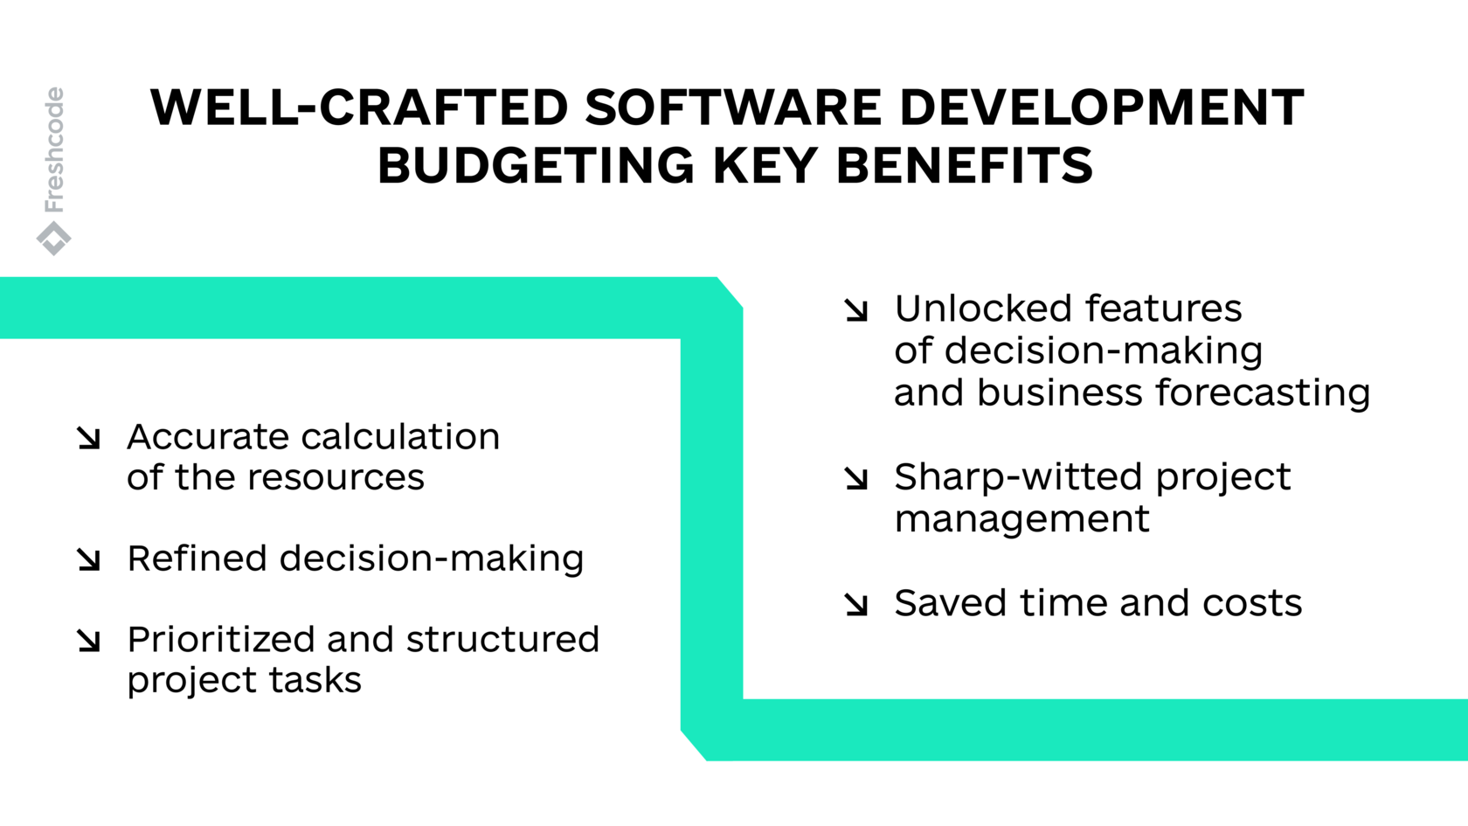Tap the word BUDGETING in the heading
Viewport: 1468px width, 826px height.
[536, 166]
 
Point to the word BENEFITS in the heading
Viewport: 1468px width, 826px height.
[964, 166]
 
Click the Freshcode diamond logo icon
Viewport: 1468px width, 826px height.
[54, 238]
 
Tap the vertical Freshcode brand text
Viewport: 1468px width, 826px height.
[54, 149]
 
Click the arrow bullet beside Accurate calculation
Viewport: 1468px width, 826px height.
[88, 438]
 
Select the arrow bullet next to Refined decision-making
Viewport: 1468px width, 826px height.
[88, 559]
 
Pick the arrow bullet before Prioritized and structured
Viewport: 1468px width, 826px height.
[88, 641]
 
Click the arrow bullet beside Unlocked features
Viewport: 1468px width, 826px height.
[856, 310]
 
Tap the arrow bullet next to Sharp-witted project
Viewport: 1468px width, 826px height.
[856, 478]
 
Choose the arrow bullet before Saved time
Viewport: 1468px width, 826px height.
[856, 604]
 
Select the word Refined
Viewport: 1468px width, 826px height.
[197, 559]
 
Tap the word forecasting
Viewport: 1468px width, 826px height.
[1263, 393]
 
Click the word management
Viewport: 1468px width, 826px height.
[1021, 519]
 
